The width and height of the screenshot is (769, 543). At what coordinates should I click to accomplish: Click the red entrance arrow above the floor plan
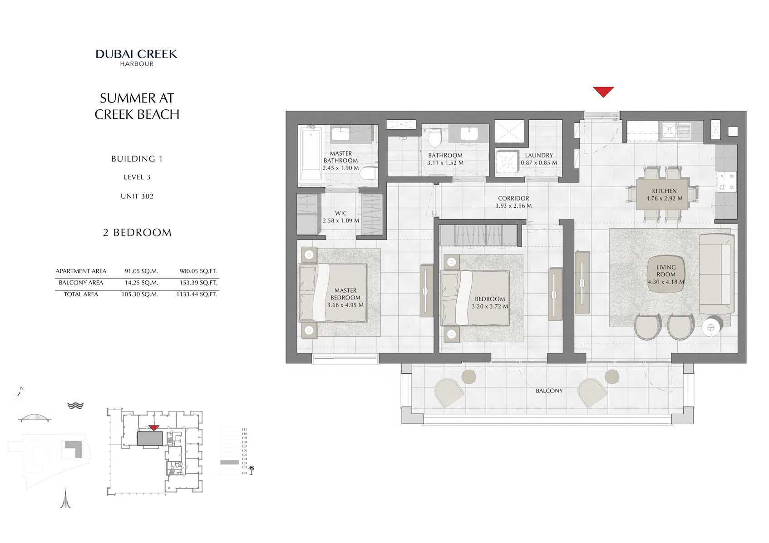click(x=603, y=91)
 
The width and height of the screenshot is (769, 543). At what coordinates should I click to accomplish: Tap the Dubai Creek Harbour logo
click(x=137, y=57)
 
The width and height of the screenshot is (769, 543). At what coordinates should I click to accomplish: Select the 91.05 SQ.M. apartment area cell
click(x=141, y=271)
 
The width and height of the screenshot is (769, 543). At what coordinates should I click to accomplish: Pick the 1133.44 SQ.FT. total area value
click(x=197, y=294)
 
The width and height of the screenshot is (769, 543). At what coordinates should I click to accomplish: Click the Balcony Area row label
click(x=81, y=283)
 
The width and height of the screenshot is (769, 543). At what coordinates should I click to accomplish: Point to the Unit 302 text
click(x=137, y=196)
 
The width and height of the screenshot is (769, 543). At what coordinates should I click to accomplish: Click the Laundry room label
click(x=539, y=155)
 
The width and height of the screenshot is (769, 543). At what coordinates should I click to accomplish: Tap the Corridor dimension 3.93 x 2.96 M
click(x=513, y=206)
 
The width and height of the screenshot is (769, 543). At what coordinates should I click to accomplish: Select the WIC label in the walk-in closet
click(x=341, y=213)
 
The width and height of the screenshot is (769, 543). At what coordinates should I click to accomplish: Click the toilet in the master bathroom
click(x=369, y=174)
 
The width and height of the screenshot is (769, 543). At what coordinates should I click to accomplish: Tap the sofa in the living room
click(x=716, y=274)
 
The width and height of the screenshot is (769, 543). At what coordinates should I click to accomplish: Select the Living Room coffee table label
click(x=666, y=274)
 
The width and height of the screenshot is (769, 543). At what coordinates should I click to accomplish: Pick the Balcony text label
click(x=549, y=391)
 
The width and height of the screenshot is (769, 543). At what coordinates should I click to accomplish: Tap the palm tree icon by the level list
click(x=251, y=470)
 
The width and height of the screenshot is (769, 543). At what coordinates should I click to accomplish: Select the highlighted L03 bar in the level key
click(x=229, y=463)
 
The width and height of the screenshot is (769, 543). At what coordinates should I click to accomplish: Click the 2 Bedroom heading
click(x=137, y=233)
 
